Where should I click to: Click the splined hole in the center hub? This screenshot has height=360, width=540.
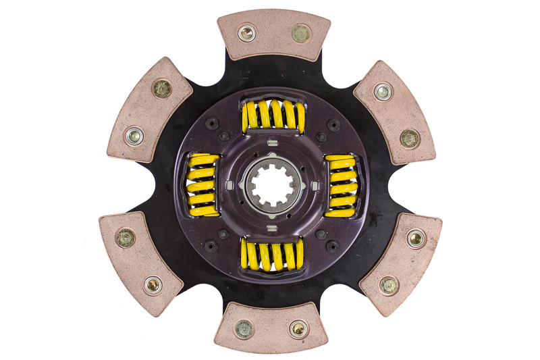click(270, 181)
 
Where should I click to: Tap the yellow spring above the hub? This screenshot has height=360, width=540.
click(273, 115)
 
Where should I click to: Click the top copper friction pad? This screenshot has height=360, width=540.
click(273, 34)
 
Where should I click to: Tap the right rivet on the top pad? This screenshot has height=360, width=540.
click(300, 32)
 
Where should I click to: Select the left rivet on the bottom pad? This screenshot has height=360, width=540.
click(244, 329)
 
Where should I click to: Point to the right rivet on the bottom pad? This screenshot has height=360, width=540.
click(298, 329)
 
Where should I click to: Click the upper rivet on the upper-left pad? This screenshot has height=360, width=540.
click(162, 88)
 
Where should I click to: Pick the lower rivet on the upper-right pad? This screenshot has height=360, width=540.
click(410, 138)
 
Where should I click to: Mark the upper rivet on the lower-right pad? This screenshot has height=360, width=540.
click(416, 238)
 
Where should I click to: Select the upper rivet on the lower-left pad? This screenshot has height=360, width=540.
click(126, 238)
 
